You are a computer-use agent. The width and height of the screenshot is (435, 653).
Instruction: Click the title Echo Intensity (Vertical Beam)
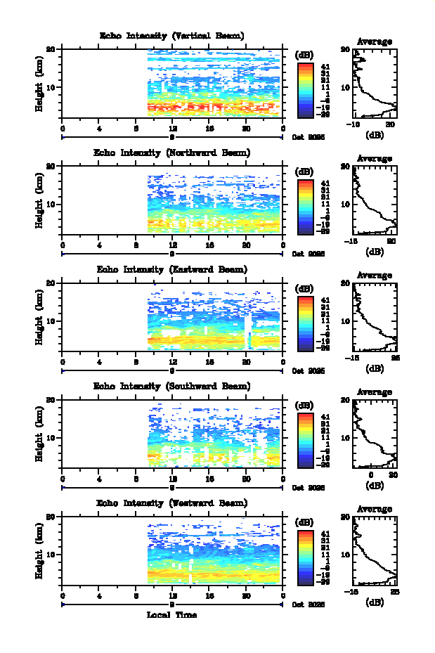[x=172, y=36]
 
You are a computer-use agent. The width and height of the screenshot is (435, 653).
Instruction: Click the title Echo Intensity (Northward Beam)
[x=172, y=153]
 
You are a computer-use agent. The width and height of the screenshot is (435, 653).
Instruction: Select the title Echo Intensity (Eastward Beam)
[x=172, y=269]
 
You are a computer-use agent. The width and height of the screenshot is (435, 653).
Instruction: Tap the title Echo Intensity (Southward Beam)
[x=172, y=386]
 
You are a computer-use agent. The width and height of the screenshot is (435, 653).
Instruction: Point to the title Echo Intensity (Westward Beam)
[x=172, y=503]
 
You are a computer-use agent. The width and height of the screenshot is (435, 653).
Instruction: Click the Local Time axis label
[x=171, y=614]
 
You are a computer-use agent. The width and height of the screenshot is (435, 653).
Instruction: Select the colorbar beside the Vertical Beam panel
[x=305, y=89]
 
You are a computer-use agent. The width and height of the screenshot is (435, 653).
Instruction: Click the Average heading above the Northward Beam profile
[x=375, y=158]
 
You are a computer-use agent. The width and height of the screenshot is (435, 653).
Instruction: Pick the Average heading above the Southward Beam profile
[x=375, y=392]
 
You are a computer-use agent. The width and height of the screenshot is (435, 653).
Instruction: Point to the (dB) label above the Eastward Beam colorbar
[x=305, y=288]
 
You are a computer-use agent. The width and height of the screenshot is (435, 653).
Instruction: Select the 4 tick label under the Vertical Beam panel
[x=100, y=129]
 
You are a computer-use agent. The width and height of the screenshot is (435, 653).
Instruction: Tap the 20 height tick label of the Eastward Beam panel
[x=51, y=283]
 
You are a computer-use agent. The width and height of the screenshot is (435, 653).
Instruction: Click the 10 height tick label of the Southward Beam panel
[x=51, y=437]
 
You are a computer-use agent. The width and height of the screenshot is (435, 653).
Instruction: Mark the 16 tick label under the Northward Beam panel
[x=209, y=245]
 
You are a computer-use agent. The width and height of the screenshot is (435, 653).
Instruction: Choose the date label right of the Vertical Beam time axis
[x=309, y=138]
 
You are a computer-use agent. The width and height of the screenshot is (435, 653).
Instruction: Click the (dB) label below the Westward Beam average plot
[x=375, y=602]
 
